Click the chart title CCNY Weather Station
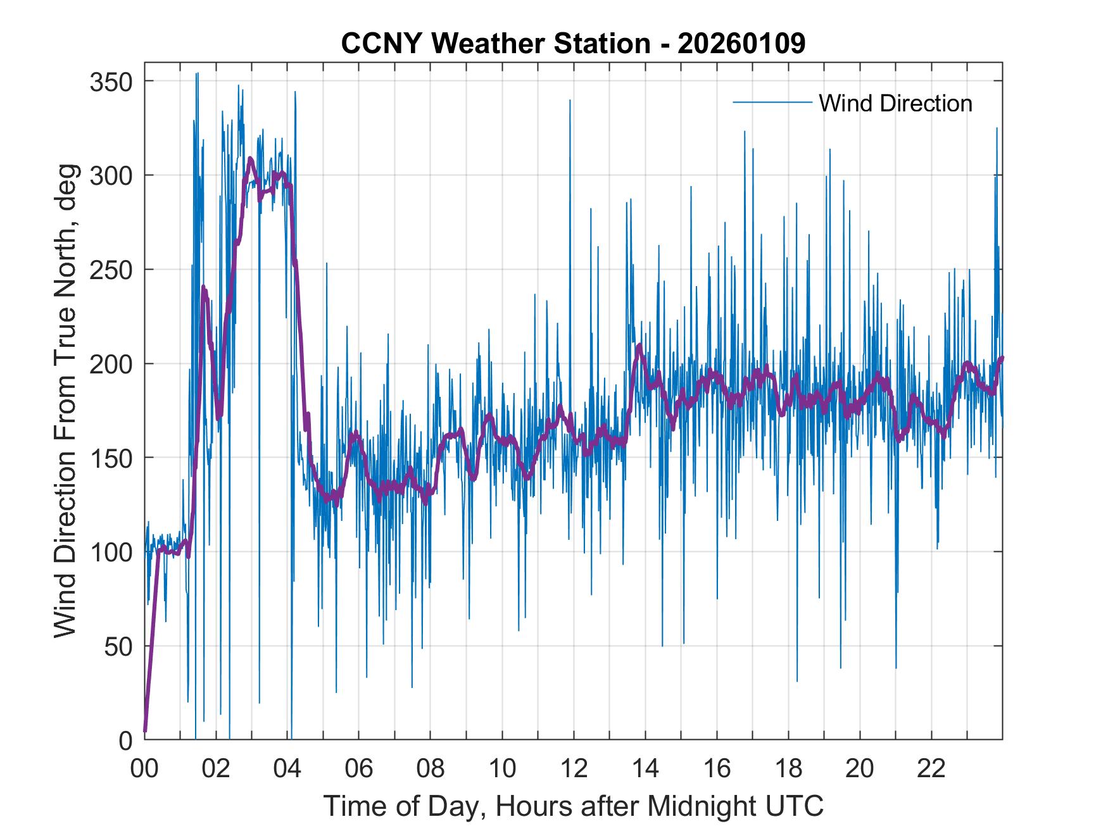pyautogui.click(x=573, y=44)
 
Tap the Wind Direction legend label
pyautogui.click(x=895, y=103)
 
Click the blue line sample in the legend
pyautogui.click(x=772, y=103)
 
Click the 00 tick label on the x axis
pyautogui.click(x=144, y=769)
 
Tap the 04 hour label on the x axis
pyautogui.click(x=287, y=769)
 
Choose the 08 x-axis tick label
pyautogui.click(x=431, y=769)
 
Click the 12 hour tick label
pyautogui.click(x=574, y=769)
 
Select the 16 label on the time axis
pyautogui.click(x=717, y=769)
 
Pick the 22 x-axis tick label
pyautogui.click(x=931, y=769)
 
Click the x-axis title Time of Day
pyautogui.click(x=573, y=806)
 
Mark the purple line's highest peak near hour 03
pyautogui.click(x=251, y=158)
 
